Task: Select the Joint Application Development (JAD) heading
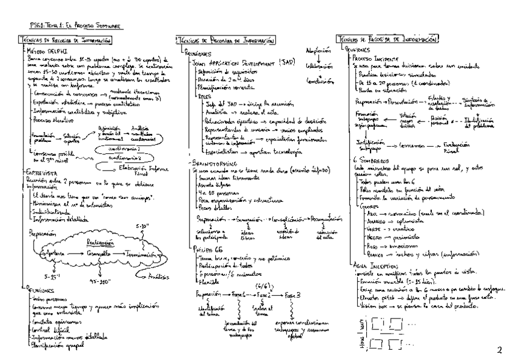232,62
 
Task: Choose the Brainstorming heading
208,162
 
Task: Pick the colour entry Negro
373,221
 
